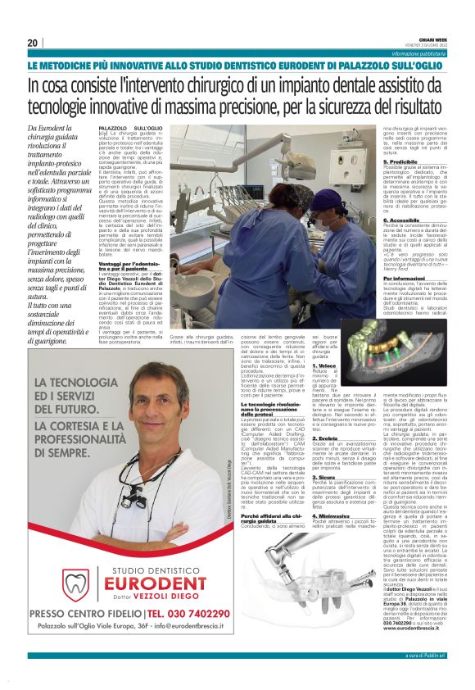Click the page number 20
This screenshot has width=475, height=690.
coord(33,43)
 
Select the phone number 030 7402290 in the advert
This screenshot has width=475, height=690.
coord(188,612)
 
